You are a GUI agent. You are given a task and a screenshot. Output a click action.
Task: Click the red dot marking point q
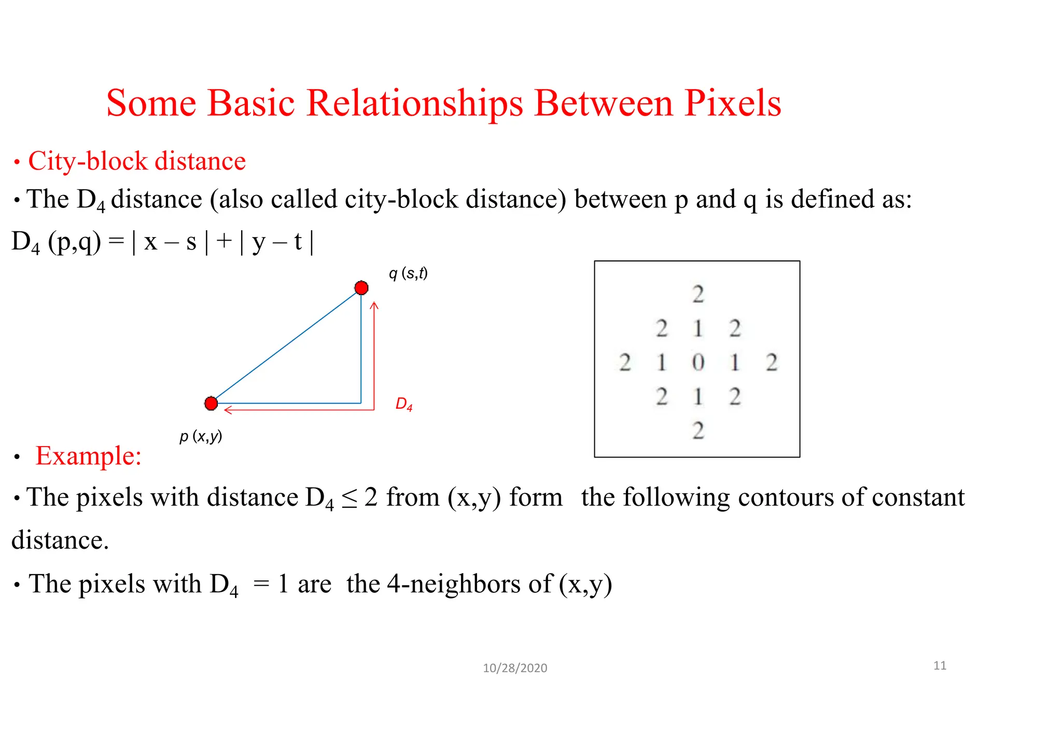point(361,288)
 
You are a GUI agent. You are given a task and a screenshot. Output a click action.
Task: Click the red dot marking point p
point(211,404)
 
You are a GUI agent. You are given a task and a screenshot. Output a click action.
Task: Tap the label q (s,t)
point(408,273)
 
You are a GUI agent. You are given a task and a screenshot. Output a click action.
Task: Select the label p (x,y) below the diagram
point(201,436)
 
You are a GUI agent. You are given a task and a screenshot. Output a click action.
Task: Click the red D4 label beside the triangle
point(404,404)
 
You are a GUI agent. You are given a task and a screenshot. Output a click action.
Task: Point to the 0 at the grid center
point(698,362)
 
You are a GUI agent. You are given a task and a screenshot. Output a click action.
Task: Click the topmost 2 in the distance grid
point(698,294)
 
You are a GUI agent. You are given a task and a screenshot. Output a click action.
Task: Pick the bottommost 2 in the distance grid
point(698,430)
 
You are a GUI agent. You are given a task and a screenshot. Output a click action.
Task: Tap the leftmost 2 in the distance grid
point(625,362)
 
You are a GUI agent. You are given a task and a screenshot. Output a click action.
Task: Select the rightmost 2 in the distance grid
point(772,362)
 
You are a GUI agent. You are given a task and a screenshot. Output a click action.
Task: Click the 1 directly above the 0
point(698,328)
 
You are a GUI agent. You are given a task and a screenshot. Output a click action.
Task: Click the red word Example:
point(88,456)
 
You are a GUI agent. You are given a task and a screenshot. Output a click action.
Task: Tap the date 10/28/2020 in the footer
point(515,668)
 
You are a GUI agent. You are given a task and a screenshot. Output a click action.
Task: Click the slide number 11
point(940,665)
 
